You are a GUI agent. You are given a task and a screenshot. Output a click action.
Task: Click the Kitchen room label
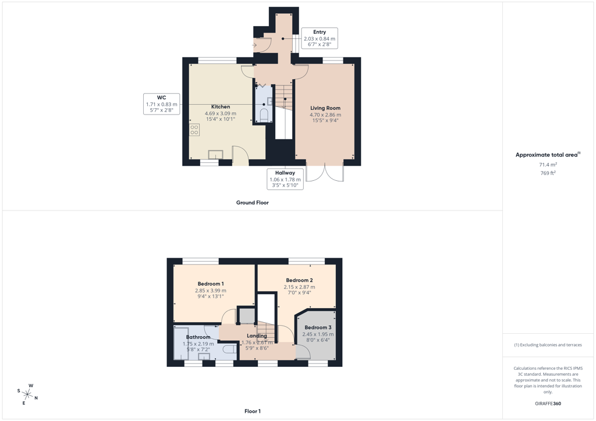pos(221,106)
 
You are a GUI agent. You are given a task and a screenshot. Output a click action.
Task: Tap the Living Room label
pos(325,108)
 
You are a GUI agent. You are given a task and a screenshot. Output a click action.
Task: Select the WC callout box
pos(162,104)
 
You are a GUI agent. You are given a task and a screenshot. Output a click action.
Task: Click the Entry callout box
pos(320,38)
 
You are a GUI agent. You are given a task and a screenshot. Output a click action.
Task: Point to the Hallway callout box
pos(285,179)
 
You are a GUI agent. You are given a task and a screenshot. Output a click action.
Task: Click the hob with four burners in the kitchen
pos(194,130)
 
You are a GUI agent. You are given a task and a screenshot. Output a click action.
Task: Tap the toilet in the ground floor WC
pos(264,115)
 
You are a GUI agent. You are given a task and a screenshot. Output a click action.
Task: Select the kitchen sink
pos(215,155)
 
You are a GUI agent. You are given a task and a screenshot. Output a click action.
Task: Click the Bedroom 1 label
pos(211,284)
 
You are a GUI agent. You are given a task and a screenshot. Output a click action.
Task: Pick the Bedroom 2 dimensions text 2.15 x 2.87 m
pos(300,287)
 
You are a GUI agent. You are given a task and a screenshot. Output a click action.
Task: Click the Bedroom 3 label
pos(318,327)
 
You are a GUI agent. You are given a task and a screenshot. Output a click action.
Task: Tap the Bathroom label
pos(198,337)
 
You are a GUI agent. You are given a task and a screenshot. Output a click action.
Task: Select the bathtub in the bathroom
pos(181,343)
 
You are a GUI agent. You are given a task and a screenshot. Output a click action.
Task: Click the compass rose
pos(27,394)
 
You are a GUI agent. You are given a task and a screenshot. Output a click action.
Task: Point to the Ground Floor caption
pos(253,203)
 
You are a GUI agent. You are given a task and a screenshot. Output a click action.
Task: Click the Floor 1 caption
pos(253,411)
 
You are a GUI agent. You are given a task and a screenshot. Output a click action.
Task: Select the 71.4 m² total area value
pos(548,165)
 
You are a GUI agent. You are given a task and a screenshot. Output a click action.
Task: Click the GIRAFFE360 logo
pos(548,404)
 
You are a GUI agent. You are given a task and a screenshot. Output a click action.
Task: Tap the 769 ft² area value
pos(548,173)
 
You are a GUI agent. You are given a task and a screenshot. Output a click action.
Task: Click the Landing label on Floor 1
pos(257,336)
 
